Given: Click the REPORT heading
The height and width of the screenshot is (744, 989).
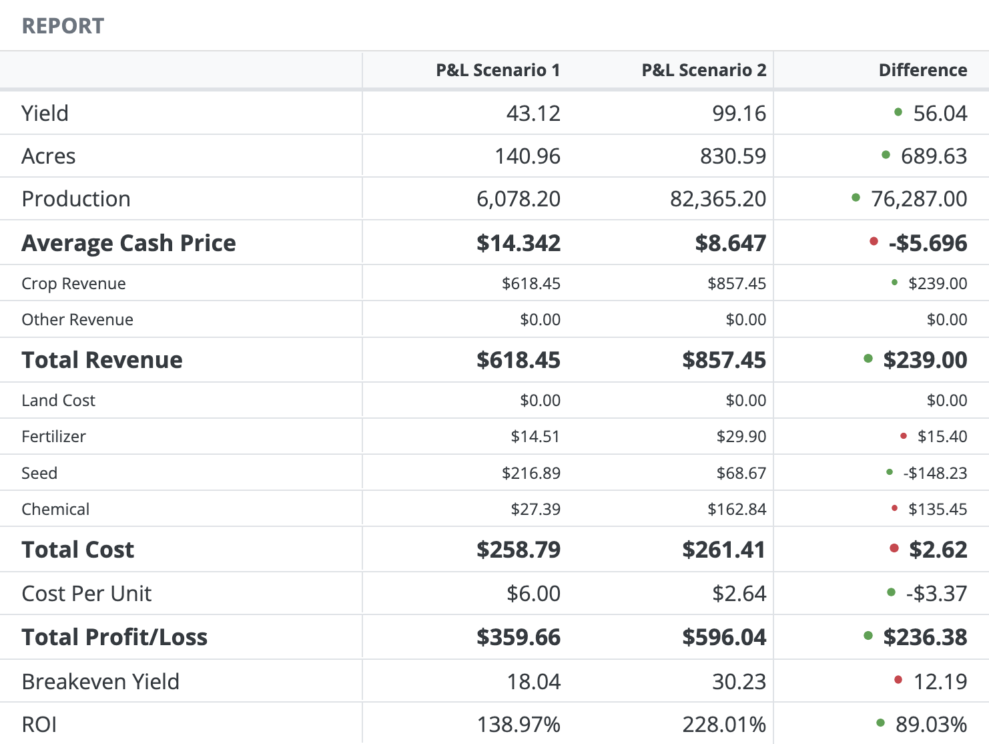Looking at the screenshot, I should (x=63, y=26).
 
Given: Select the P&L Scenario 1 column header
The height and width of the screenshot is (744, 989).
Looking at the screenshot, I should (x=498, y=70).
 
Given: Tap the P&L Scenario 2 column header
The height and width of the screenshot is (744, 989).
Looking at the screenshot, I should (x=703, y=70).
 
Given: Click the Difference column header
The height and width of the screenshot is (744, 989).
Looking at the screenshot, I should (x=922, y=70).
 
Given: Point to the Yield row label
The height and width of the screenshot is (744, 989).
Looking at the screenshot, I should (x=45, y=113).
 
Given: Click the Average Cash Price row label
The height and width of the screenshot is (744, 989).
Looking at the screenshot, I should (x=129, y=243).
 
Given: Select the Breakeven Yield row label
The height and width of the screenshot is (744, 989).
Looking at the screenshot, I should (x=101, y=681).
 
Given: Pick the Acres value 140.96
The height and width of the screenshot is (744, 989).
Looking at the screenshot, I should (x=527, y=156).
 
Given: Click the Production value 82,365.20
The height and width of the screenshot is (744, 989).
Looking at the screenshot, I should (x=718, y=199).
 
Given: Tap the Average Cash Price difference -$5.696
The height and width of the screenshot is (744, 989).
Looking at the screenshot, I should (x=928, y=243).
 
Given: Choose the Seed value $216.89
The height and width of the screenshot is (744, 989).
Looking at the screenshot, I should (x=531, y=473).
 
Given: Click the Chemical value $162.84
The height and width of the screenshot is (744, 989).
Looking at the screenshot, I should (x=737, y=509).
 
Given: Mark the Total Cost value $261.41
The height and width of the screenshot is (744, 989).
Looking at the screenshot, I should (x=724, y=550).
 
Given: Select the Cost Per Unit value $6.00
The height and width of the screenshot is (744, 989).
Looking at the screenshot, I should (x=533, y=593).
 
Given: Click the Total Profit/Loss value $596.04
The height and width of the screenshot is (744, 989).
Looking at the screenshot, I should (x=724, y=637).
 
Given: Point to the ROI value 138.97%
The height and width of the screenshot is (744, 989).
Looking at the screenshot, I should (x=519, y=724).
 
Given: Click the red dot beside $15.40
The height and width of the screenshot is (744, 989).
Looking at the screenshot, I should (x=904, y=436).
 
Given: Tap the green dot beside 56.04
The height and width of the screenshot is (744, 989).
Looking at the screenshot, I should (x=898, y=112).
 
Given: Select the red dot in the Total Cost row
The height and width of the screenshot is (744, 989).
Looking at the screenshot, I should (x=894, y=548).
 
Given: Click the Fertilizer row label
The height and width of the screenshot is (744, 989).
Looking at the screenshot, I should (x=53, y=437).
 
